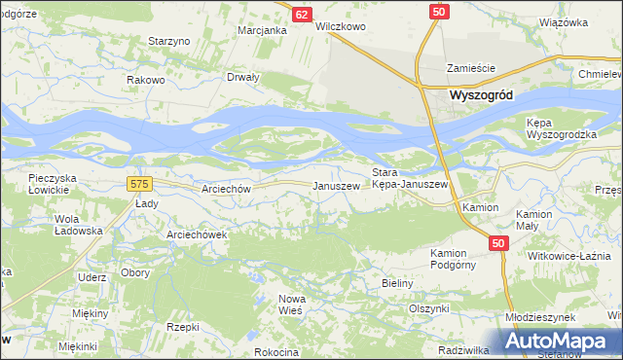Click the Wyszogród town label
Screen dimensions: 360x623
(x=482, y=95)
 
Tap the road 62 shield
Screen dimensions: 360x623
(x=302, y=15)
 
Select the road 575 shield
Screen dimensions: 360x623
(x=139, y=183)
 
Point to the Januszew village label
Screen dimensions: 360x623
(x=335, y=186)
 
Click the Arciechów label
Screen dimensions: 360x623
(x=226, y=189)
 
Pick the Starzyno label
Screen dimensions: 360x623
(x=168, y=41)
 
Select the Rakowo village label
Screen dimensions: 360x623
(x=145, y=80)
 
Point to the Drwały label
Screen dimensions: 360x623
(x=243, y=77)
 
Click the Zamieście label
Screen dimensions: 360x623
(x=471, y=68)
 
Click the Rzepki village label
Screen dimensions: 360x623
(x=182, y=327)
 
